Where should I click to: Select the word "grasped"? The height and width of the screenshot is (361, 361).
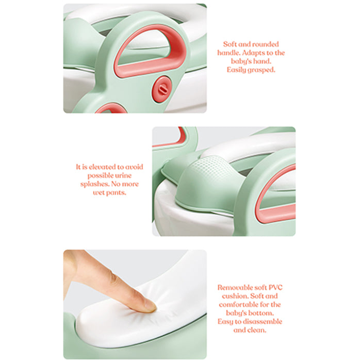point(262,69)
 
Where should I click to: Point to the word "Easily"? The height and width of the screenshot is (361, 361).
point(238,69)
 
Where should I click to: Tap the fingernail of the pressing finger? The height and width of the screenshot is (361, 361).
point(150,307)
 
